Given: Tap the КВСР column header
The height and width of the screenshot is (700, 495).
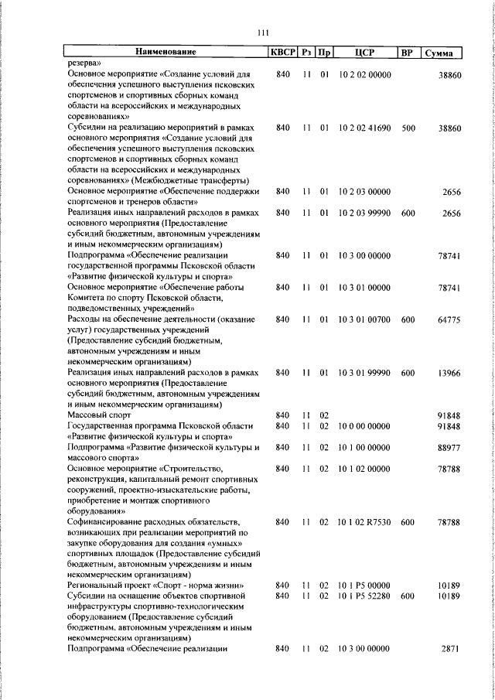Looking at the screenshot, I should [282, 53].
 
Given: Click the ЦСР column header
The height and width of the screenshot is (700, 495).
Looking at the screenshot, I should [364, 53].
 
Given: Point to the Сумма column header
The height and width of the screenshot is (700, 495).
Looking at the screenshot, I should [444, 53].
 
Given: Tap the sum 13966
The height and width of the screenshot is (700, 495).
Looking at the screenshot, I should [449, 373].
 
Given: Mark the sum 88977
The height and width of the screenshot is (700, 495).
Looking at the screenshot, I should [449, 448].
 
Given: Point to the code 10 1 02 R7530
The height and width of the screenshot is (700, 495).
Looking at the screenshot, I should [364, 523].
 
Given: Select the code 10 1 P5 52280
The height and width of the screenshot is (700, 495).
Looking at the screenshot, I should [364, 596].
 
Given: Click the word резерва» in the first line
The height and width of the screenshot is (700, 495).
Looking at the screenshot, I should [85, 64].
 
